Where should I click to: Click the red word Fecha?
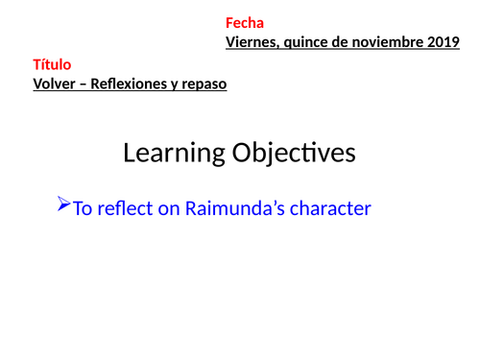click(x=245, y=23)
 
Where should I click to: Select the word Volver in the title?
click(x=56, y=84)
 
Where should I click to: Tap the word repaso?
click(x=204, y=84)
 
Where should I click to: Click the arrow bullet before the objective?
click(x=64, y=204)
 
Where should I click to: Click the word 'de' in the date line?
click(x=345, y=41)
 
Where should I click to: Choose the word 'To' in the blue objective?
click(x=83, y=207)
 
